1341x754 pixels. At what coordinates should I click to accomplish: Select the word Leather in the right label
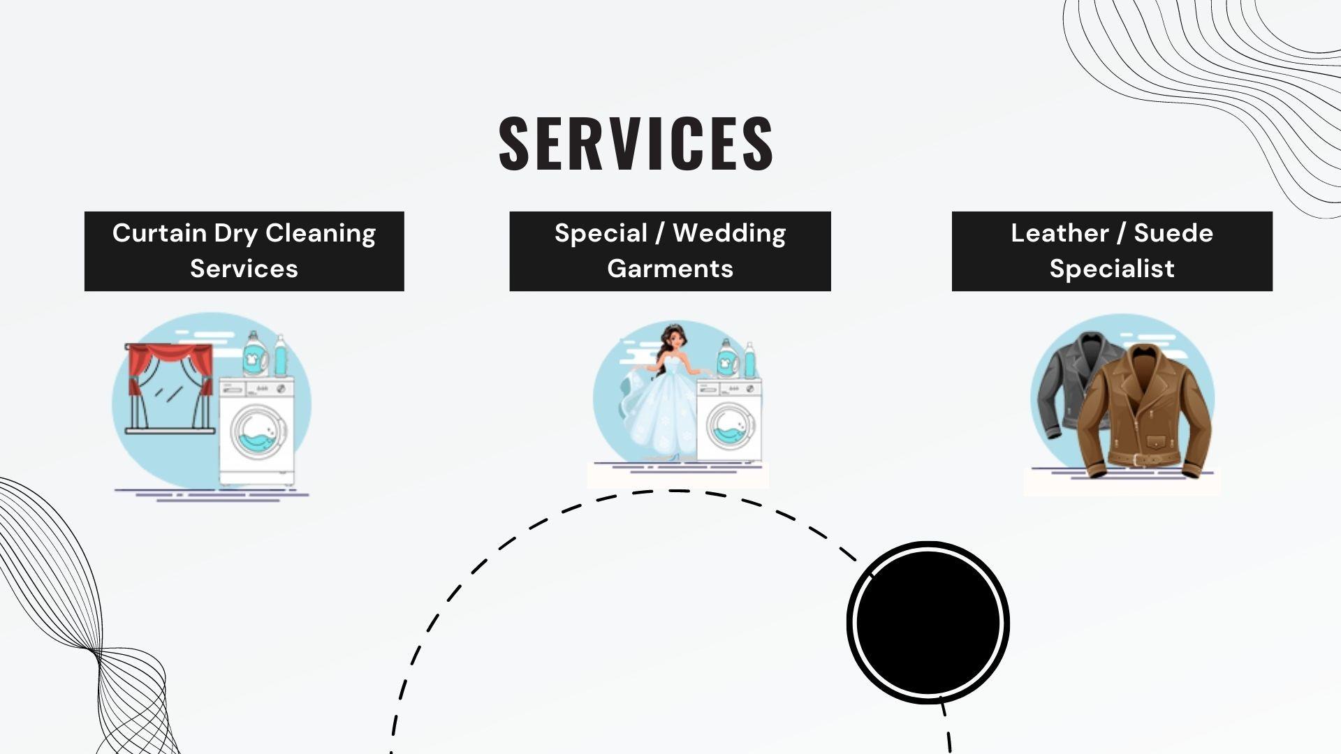[1059, 233]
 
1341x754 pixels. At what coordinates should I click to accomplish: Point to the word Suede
[1173, 233]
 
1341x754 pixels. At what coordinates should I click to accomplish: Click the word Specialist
[1112, 269]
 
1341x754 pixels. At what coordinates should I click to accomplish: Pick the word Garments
[670, 269]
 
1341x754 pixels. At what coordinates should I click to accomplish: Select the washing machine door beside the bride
[731, 425]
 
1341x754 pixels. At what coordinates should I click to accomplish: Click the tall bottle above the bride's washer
[749, 361]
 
